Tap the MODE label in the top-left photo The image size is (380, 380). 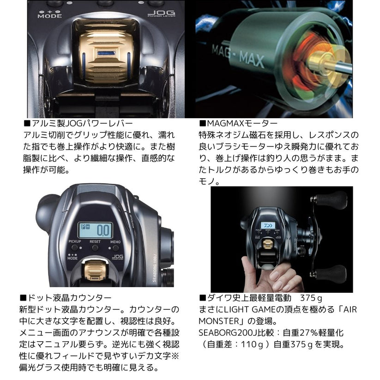50,16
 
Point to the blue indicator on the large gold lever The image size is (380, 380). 106,53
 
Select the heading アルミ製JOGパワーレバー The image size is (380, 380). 78,123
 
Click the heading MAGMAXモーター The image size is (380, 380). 238,123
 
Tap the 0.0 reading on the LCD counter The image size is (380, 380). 103,230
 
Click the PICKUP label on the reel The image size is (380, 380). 75,241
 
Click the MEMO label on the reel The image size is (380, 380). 115,242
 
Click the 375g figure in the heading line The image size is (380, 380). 311,298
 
